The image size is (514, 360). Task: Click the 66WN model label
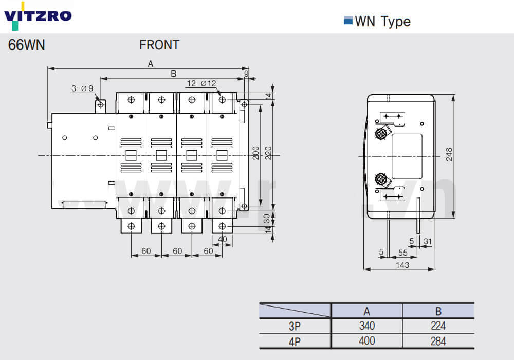click(27, 45)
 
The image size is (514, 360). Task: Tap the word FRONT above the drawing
click(159, 45)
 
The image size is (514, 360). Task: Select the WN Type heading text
click(382, 22)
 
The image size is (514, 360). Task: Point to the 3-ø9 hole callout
click(82, 88)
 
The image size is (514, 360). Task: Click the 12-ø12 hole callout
click(201, 83)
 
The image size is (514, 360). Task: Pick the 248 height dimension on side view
click(449, 155)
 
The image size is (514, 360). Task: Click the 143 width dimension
click(403, 265)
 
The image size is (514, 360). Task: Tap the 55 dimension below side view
click(402, 253)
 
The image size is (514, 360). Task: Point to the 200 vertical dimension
click(255, 153)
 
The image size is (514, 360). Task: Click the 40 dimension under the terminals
click(222, 239)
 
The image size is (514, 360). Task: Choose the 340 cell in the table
click(367, 326)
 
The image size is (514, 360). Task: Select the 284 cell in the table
click(438, 341)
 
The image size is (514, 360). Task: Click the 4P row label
click(295, 341)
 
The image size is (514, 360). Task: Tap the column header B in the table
click(438, 311)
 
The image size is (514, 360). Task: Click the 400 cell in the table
click(367, 341)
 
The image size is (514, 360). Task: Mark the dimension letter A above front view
click(151, 64)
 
